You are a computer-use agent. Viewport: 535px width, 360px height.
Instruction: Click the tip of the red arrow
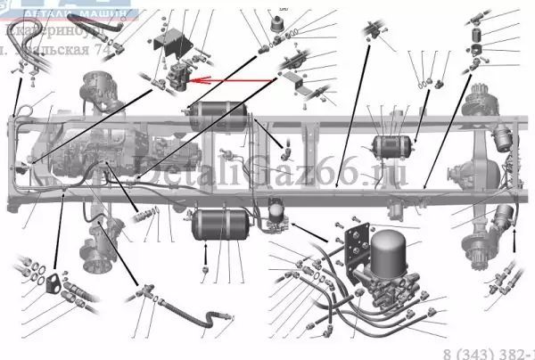point(190,80)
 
